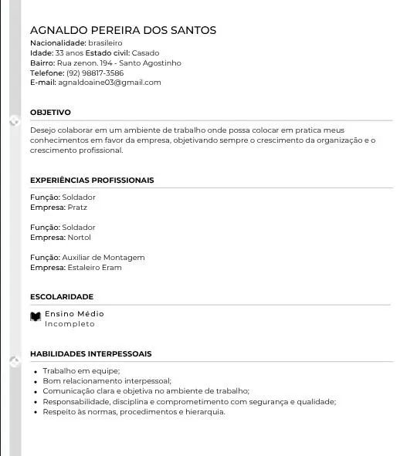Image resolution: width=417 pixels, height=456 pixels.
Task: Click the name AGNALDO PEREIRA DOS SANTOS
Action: (123, 30)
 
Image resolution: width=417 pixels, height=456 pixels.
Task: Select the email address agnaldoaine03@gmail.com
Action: (110, 83)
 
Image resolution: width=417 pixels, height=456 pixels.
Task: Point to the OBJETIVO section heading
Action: (50, 113)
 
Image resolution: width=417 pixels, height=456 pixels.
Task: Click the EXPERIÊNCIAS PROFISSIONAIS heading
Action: (92, 180)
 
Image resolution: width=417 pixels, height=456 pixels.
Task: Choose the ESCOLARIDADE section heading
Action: (62, 296)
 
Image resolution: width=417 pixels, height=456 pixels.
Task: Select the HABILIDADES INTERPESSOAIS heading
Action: (90, 353)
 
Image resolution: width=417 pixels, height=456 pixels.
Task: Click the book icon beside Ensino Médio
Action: (36, 317)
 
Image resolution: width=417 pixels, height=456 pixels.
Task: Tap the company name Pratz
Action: (77, 208)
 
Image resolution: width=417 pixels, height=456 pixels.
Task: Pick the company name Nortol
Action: (80, 238)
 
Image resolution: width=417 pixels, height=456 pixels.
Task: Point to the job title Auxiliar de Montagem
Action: (103, 258)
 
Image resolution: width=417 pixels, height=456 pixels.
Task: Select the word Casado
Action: (145, 52)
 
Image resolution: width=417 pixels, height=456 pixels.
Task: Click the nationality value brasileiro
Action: (106, 42)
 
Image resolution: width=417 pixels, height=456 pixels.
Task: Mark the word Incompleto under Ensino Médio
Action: (69, 324)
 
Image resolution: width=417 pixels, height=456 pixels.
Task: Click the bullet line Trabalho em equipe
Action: (81, 371)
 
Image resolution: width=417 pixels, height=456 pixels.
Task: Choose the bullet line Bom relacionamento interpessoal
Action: (107, 381)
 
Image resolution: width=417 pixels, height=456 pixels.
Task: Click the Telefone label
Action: (46, 73)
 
